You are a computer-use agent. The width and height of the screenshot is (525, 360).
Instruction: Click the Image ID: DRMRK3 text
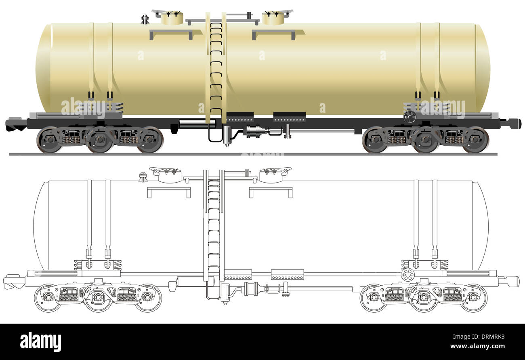(479, 337)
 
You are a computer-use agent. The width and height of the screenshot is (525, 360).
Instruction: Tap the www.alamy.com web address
(477, 346)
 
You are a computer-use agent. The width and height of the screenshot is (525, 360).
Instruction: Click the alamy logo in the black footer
(40, 341)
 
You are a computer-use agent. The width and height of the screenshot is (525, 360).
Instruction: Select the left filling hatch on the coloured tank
(172, 18)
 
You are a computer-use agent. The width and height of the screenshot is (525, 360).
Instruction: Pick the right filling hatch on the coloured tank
(273, 18)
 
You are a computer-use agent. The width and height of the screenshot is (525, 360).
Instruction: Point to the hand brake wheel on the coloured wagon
(409, 116)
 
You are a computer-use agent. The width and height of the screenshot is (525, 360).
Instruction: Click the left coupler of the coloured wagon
(16, 124)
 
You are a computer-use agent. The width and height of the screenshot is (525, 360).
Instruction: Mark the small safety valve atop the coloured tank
(145, 19)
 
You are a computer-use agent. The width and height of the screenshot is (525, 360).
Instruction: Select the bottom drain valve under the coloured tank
(227, 136)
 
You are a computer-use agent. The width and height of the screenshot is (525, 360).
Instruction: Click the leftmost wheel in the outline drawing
(48, 298)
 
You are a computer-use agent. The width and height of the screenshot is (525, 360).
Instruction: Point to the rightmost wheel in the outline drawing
(474, 298)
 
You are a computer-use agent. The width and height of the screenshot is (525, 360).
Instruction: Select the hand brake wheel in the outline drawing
(408, 275)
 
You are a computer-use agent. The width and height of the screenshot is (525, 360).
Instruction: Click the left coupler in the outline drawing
(14, 282)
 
